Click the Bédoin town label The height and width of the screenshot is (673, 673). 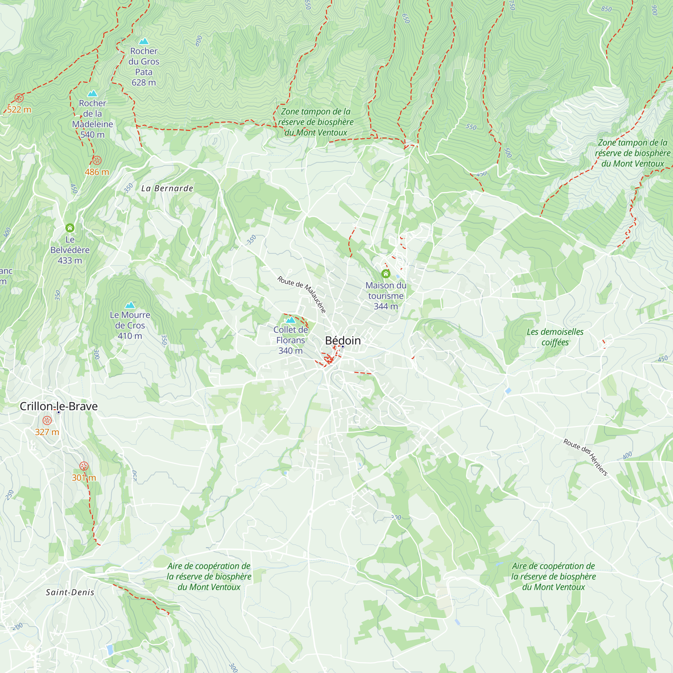coord(343,340)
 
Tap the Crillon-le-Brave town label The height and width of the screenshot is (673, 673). coord(59,406)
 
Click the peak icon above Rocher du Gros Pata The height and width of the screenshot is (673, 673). coord(144,41)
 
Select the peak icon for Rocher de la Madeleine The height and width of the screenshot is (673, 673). coord(92,93)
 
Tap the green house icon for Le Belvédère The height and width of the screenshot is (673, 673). coord(70,228)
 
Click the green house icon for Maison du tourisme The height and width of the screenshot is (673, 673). coord(386,274)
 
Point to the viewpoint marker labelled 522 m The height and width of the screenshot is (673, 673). coord(19,98)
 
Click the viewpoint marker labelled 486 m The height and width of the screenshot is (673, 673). coord(97,160)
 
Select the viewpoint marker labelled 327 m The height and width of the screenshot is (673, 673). coord(47,420)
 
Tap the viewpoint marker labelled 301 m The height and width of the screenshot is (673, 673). coord(83,466)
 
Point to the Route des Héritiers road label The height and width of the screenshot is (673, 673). coord(586,457)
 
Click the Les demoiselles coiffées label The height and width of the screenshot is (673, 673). coord(555,337)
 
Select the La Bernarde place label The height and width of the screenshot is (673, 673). coord(167,188)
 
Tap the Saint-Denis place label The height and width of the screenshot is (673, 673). coord(70,592)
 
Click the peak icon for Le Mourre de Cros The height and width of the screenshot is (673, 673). coord(130,305)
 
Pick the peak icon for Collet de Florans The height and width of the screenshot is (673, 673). coord(290,320)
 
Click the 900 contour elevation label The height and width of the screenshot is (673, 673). coord(654,10)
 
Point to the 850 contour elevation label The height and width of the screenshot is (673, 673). coord(606,9)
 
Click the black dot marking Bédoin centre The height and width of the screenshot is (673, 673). coord(343,347)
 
